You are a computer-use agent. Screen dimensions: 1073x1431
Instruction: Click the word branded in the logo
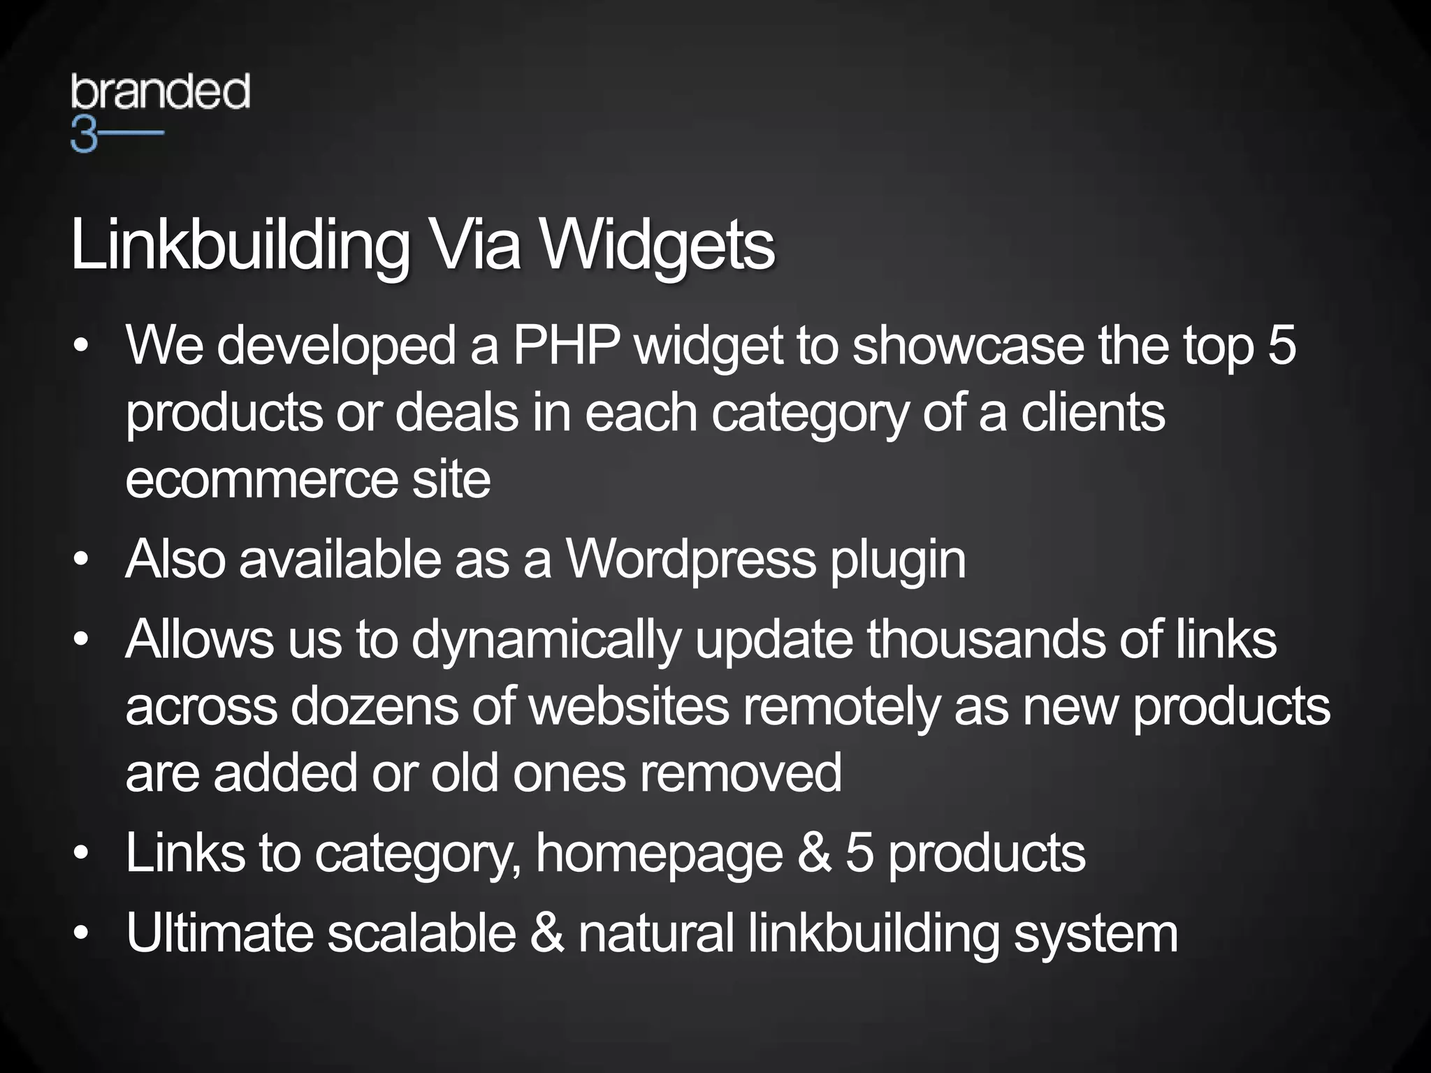coord(160,92)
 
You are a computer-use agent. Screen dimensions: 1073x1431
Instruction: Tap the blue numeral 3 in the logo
coord(83,136)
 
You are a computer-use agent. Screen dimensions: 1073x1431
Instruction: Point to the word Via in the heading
coord(474,245)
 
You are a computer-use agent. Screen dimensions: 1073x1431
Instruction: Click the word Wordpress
coord(690,560)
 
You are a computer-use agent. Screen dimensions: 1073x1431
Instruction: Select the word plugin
coord(899,561)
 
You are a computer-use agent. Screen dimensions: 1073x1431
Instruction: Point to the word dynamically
coord(546,640)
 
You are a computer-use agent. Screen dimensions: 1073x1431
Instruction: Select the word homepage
coord(659,854)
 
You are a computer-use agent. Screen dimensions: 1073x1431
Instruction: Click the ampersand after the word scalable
coord(547,933)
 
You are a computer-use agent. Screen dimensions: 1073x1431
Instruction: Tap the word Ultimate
coord(219,933)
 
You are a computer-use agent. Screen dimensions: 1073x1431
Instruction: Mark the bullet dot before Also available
coord(82,560)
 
